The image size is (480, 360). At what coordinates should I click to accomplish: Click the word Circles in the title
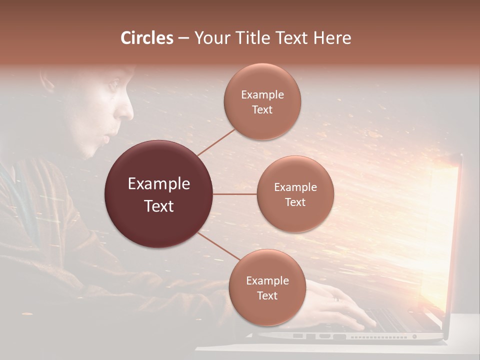click(x=147, y=38)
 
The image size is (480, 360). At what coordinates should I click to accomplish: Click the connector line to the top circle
click(x=216, y=142)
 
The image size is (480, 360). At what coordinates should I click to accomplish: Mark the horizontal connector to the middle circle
click(x=234, y=194)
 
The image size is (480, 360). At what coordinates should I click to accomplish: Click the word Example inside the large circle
click(x=158, y=184)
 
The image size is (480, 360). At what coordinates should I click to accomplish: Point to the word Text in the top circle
click(x=262, y=110)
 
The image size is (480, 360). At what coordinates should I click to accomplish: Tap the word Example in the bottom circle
click(x=267, y=280)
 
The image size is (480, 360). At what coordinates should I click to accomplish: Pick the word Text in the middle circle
click(x=295, y=202)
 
